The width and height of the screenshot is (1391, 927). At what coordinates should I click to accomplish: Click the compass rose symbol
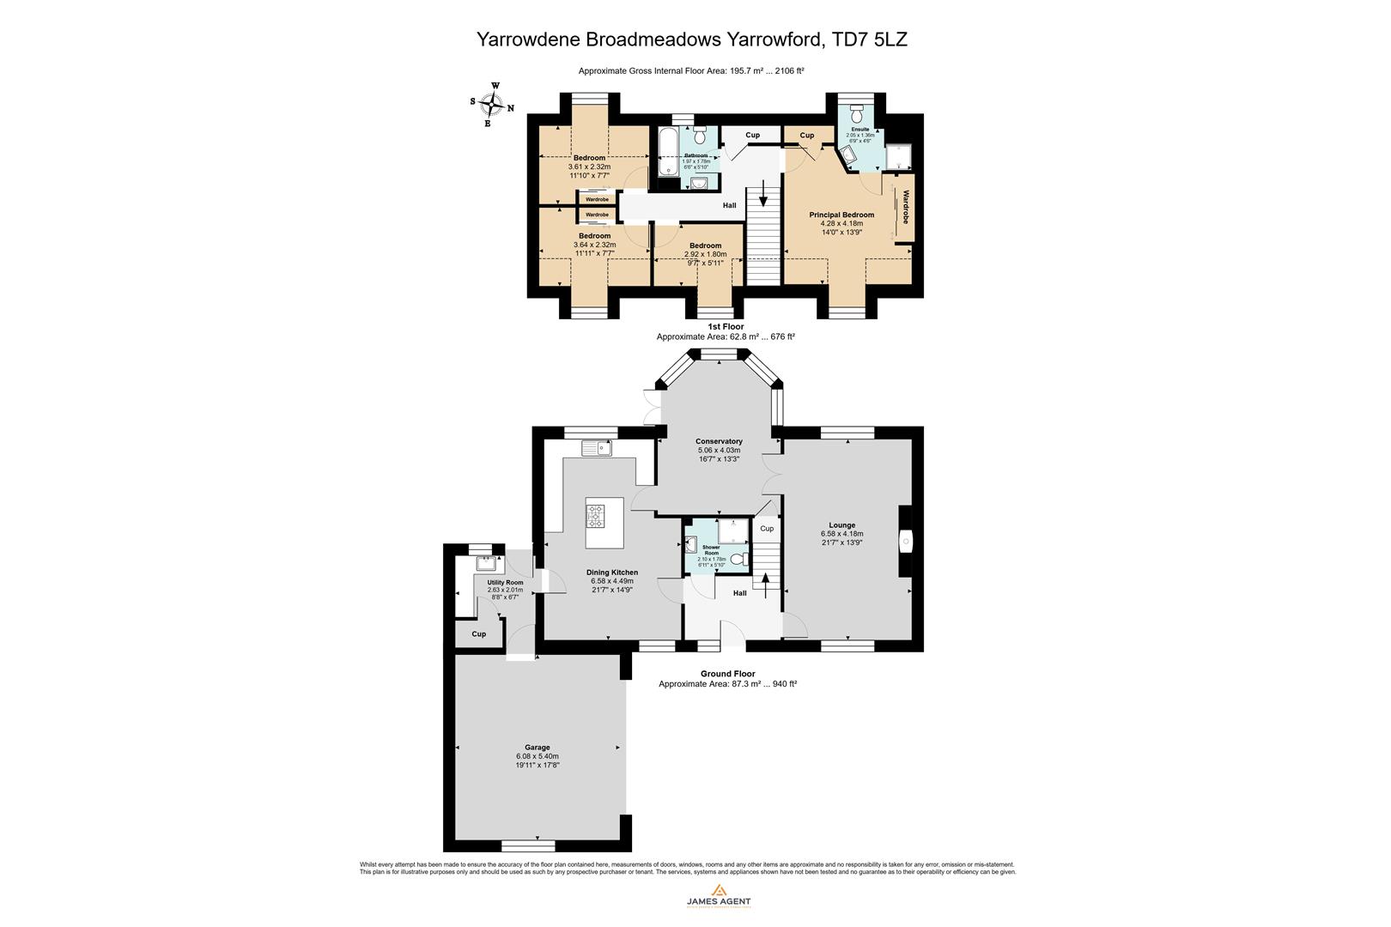click(492, 105)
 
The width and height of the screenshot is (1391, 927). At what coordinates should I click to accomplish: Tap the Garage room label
click(538, 747)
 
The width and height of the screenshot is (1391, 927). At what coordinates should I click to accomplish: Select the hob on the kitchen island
click(596, 516)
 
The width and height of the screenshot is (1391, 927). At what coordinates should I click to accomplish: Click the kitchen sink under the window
click(596, 447)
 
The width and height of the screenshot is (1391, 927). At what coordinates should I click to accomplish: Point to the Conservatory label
click(719, 441)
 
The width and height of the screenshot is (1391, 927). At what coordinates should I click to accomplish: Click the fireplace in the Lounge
click(906, 541)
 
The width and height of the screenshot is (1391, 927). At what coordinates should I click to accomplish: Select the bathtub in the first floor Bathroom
click(666, 151)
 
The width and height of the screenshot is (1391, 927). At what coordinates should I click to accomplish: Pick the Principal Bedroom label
click(841, 215)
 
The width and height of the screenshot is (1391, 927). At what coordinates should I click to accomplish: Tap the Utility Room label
click(505, 582)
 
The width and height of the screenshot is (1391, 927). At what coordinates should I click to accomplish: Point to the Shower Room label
click(711, 549)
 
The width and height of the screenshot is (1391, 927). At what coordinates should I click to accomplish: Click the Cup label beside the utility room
click(479, 634)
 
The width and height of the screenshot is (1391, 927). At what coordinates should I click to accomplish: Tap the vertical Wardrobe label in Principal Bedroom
click(905, 207)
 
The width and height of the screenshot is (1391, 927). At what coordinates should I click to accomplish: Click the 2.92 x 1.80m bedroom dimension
click(705, 254)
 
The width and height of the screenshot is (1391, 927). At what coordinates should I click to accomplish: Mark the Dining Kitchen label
click(612, 573)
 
